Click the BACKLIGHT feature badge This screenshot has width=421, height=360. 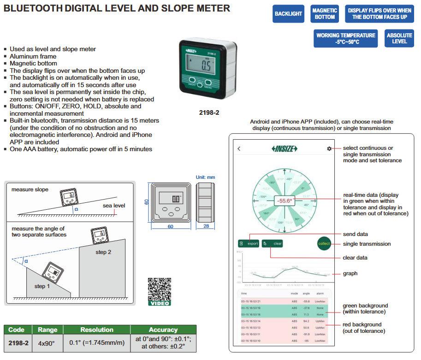click(x=288, y=14)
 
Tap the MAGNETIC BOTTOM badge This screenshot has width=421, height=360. click(x=325, y=14)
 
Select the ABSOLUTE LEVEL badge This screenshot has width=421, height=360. click(x=399, y=38)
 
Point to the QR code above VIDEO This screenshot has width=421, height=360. click(x=159, y=289)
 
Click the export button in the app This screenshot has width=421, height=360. click(x=249, y=243)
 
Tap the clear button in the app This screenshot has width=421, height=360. click(x=273, y=243)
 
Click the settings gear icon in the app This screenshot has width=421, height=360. click(x=329, y=148)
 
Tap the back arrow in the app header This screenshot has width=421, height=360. click(x=239, y=148)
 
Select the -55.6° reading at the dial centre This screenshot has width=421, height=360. click(x=285, y=201)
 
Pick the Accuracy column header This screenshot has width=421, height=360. click(x=163, y=330)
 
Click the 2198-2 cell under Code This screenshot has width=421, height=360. click(x=18, y=343)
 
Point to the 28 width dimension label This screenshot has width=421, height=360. click(x=206, y=226)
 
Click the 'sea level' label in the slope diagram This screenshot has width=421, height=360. click(x=113, y=206)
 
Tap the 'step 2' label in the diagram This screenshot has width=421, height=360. click(x=103, y=252)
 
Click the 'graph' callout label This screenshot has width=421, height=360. click(x=350, y=273)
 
